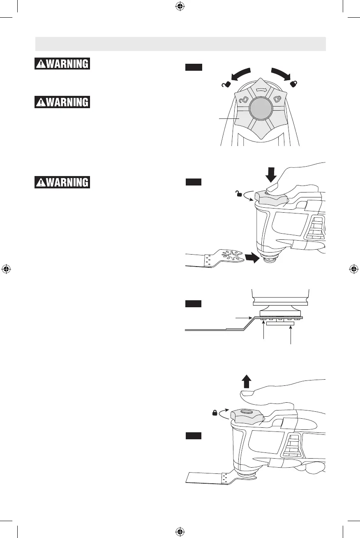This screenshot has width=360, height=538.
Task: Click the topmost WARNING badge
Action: click(62, 64)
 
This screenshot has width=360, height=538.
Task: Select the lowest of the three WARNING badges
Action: click(62, 182)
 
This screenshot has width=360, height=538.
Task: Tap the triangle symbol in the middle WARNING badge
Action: click(42, 102)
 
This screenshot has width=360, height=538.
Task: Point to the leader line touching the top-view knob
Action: click(228, 118)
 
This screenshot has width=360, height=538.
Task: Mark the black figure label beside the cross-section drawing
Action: click(193, 304)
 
